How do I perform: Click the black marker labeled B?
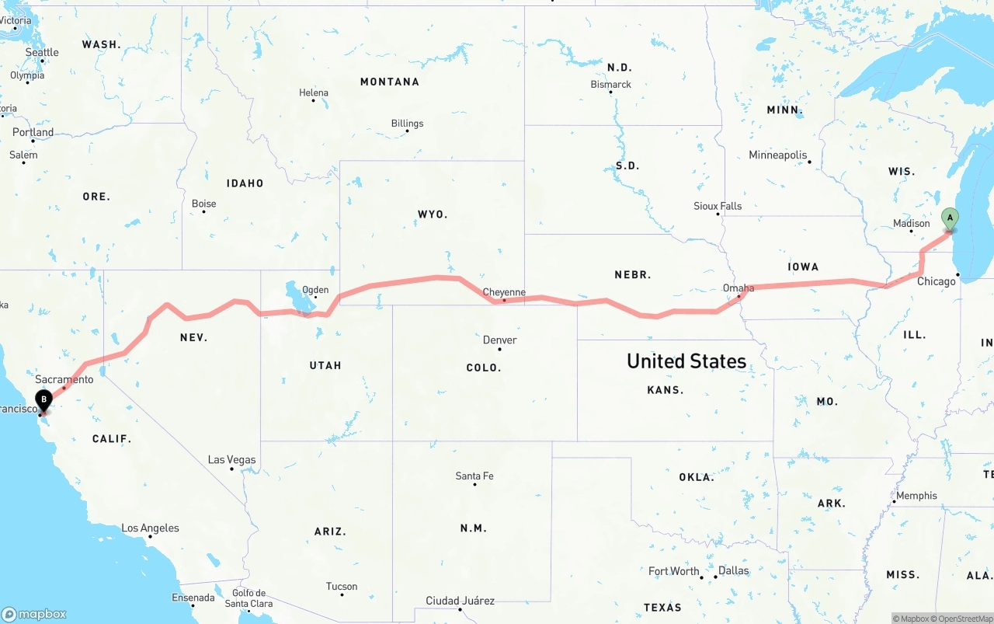[44, 400]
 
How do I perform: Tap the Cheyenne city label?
[504, 292]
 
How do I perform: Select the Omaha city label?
[739, 288]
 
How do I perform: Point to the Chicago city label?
[937, 281]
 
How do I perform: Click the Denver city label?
[499, 340]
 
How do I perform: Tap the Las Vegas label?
[231, 459]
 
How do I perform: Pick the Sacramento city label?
[64, 379]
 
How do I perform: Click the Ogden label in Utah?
[315, 290]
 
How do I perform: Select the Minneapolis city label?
[778, 155]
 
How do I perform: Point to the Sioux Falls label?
[718, 206]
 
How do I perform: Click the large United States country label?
[686, 361]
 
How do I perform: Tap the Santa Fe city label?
[474, 476]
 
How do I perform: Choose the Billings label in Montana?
[407, 123]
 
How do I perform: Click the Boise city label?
[204, 204]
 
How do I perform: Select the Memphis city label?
[916, 495]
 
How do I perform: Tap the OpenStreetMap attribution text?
[964, 619]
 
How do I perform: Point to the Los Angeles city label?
[150, 528]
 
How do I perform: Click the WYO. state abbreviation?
[433, 214]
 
